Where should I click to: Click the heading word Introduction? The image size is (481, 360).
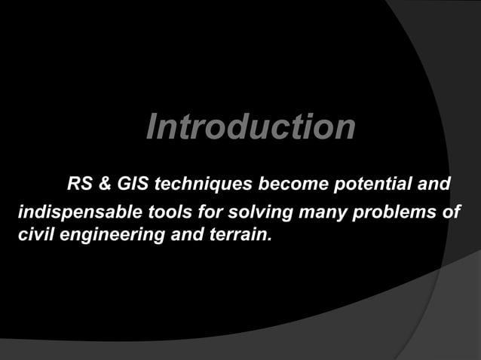[x=250, y=127]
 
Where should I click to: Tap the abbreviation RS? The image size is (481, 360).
[x=81, y=184]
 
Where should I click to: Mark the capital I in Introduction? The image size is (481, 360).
[x=152, y=127]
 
